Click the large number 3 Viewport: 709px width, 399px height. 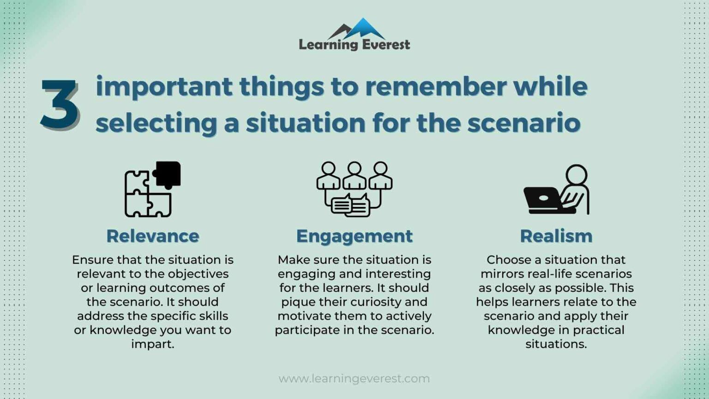pos(60,104)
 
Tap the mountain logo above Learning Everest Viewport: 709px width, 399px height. pos(357,29)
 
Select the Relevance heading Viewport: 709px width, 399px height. pos(153,236)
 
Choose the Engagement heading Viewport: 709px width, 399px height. pos(354,236)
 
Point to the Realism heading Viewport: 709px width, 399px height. pos(556,236)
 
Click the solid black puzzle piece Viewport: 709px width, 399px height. pos(167,175)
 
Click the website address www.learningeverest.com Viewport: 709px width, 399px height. pos(354,379)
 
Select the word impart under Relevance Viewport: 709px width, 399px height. pos(153,344)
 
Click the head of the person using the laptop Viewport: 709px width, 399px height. pos(576,175)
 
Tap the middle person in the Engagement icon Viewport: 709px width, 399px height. pos(354,175)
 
